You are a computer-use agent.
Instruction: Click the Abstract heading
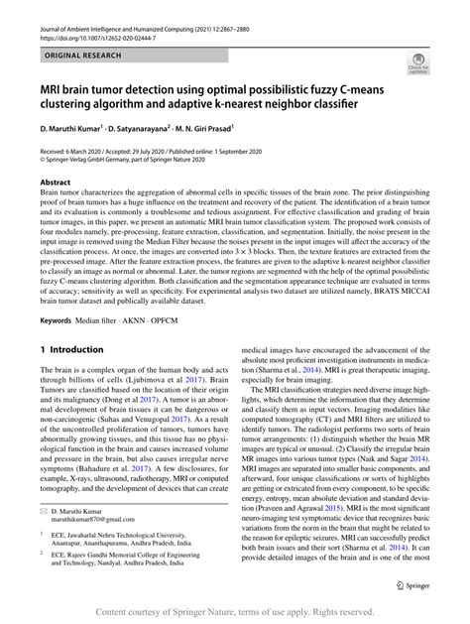click(55, 184)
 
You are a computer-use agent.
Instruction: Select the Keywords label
click(60, 320)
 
